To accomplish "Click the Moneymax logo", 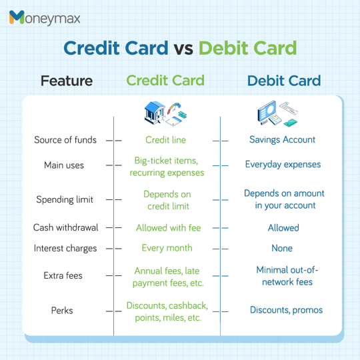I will click(x=45, y=18).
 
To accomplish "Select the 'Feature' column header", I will click(x=66, y=81).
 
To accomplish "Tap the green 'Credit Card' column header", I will click(x=165, y=81).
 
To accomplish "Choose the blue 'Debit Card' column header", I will click(x=284, y=81).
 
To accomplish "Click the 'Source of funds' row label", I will click(x=65, y=140).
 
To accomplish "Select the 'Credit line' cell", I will click(x=166, y=140).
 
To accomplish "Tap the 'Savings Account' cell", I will click(x=282, y=140).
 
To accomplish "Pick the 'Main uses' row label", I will click(x=64, y=165).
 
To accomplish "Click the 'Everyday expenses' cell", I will click(x=283, y=164).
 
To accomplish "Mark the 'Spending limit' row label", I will click(x=65, y=199).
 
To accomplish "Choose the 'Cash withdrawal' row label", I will click(x=65, y=227).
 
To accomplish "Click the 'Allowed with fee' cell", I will click(x=168, y=228).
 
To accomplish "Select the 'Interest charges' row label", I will click(x=65, y=248).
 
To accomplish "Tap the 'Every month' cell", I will click(x=167, y=248).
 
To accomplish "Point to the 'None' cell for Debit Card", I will click(x=282, y=248).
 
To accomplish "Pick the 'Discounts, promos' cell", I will click(x=286, y=310).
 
